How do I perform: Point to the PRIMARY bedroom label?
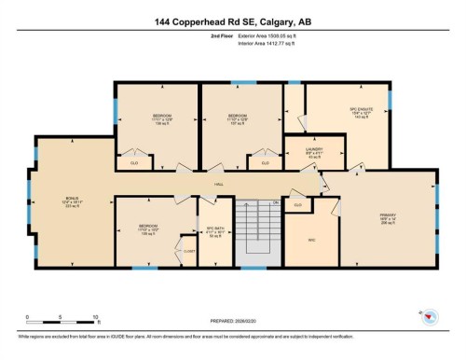coord(389,216)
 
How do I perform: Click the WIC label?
coord(312,239)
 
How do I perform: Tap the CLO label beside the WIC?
coord(297,203)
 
